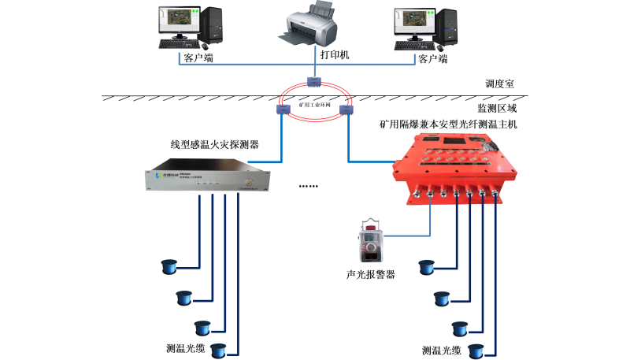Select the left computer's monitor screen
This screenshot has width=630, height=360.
[x=178, y=21]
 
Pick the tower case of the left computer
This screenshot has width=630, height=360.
[x=213, y=26]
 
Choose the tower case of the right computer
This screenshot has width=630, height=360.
[x=449, y=26]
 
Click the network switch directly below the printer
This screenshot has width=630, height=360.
[x=314, y=81]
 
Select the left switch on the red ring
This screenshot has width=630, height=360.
[x=283, y=108]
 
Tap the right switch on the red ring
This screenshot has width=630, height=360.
[x=345, y=108]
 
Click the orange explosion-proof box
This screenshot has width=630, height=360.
[x=447, y=168]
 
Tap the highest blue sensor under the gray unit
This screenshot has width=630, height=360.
[x=168, y=266]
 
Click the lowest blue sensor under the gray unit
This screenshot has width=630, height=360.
[x=218, y=349]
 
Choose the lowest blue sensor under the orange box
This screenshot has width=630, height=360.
[x=476, y=349]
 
